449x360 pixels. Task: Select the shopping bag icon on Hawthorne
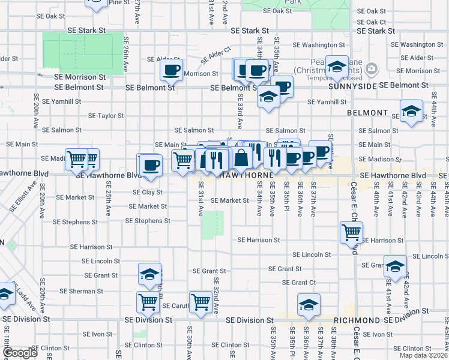tap(241, 159)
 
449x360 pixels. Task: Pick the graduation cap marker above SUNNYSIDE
tap(337, 67)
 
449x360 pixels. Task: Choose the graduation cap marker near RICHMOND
tap(309, 305)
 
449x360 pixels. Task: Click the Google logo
tap(20, 353)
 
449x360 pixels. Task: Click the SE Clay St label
tap(148, 193)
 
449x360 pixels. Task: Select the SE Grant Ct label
tap(298, 283)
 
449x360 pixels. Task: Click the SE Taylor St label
tap(106, 116)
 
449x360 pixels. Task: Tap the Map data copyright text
tap(423, 355)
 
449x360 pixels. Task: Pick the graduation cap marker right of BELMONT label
tap(412, 111)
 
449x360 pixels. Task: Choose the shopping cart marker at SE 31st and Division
tap(200, 302)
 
